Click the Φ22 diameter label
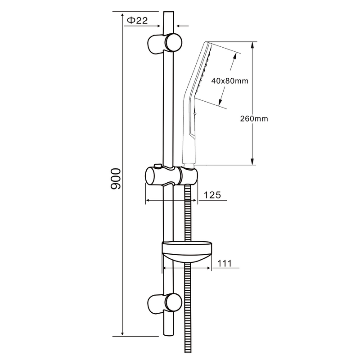pos(137,20)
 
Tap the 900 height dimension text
pos(116,179)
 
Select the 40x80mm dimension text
pos(229,81)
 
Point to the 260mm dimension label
pos(254,119)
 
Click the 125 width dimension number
pos(212,195)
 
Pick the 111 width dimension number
pos(225,263)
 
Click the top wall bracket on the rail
pos(164,44)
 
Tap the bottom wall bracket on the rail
pos(164,304)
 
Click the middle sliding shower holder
pos(171,176)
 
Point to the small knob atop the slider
pos(158,166)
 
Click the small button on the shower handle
pos(195,113)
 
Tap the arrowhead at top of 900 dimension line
pos(122,15)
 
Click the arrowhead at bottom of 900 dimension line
pos(122,333)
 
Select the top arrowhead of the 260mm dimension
pos(252,45)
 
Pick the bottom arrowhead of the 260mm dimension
pos(252,162)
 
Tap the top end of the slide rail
pos(169,12)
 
